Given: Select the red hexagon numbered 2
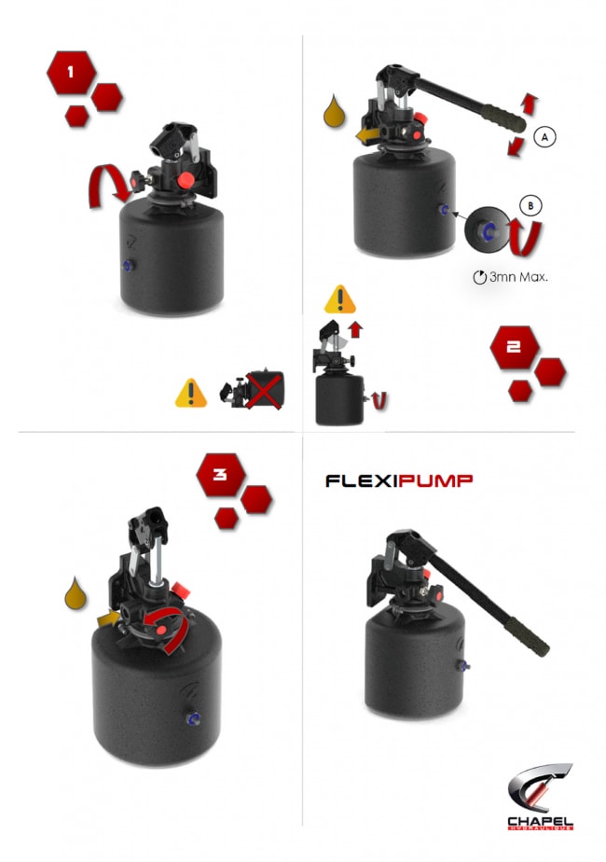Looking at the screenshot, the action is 515,347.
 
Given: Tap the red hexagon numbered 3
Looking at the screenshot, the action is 221,475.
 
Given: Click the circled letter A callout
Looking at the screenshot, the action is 544,136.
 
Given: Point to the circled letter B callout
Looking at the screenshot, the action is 530,206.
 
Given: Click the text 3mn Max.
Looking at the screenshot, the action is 510,277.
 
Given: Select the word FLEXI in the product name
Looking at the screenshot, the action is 361,481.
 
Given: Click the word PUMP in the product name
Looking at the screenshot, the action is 435,481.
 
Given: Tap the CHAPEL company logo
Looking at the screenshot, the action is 540,797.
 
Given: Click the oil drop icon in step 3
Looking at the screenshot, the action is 76,594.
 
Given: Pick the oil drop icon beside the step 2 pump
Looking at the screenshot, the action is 335,112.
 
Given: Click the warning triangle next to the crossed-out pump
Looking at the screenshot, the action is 190,393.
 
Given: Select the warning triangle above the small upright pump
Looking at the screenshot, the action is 340,299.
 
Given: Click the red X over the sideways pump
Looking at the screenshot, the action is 264,390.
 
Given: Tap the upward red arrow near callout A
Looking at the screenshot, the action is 529,104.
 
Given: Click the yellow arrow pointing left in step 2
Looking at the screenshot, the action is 367,134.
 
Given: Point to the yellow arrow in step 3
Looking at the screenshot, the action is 109,619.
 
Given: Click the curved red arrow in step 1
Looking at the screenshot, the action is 109,186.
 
